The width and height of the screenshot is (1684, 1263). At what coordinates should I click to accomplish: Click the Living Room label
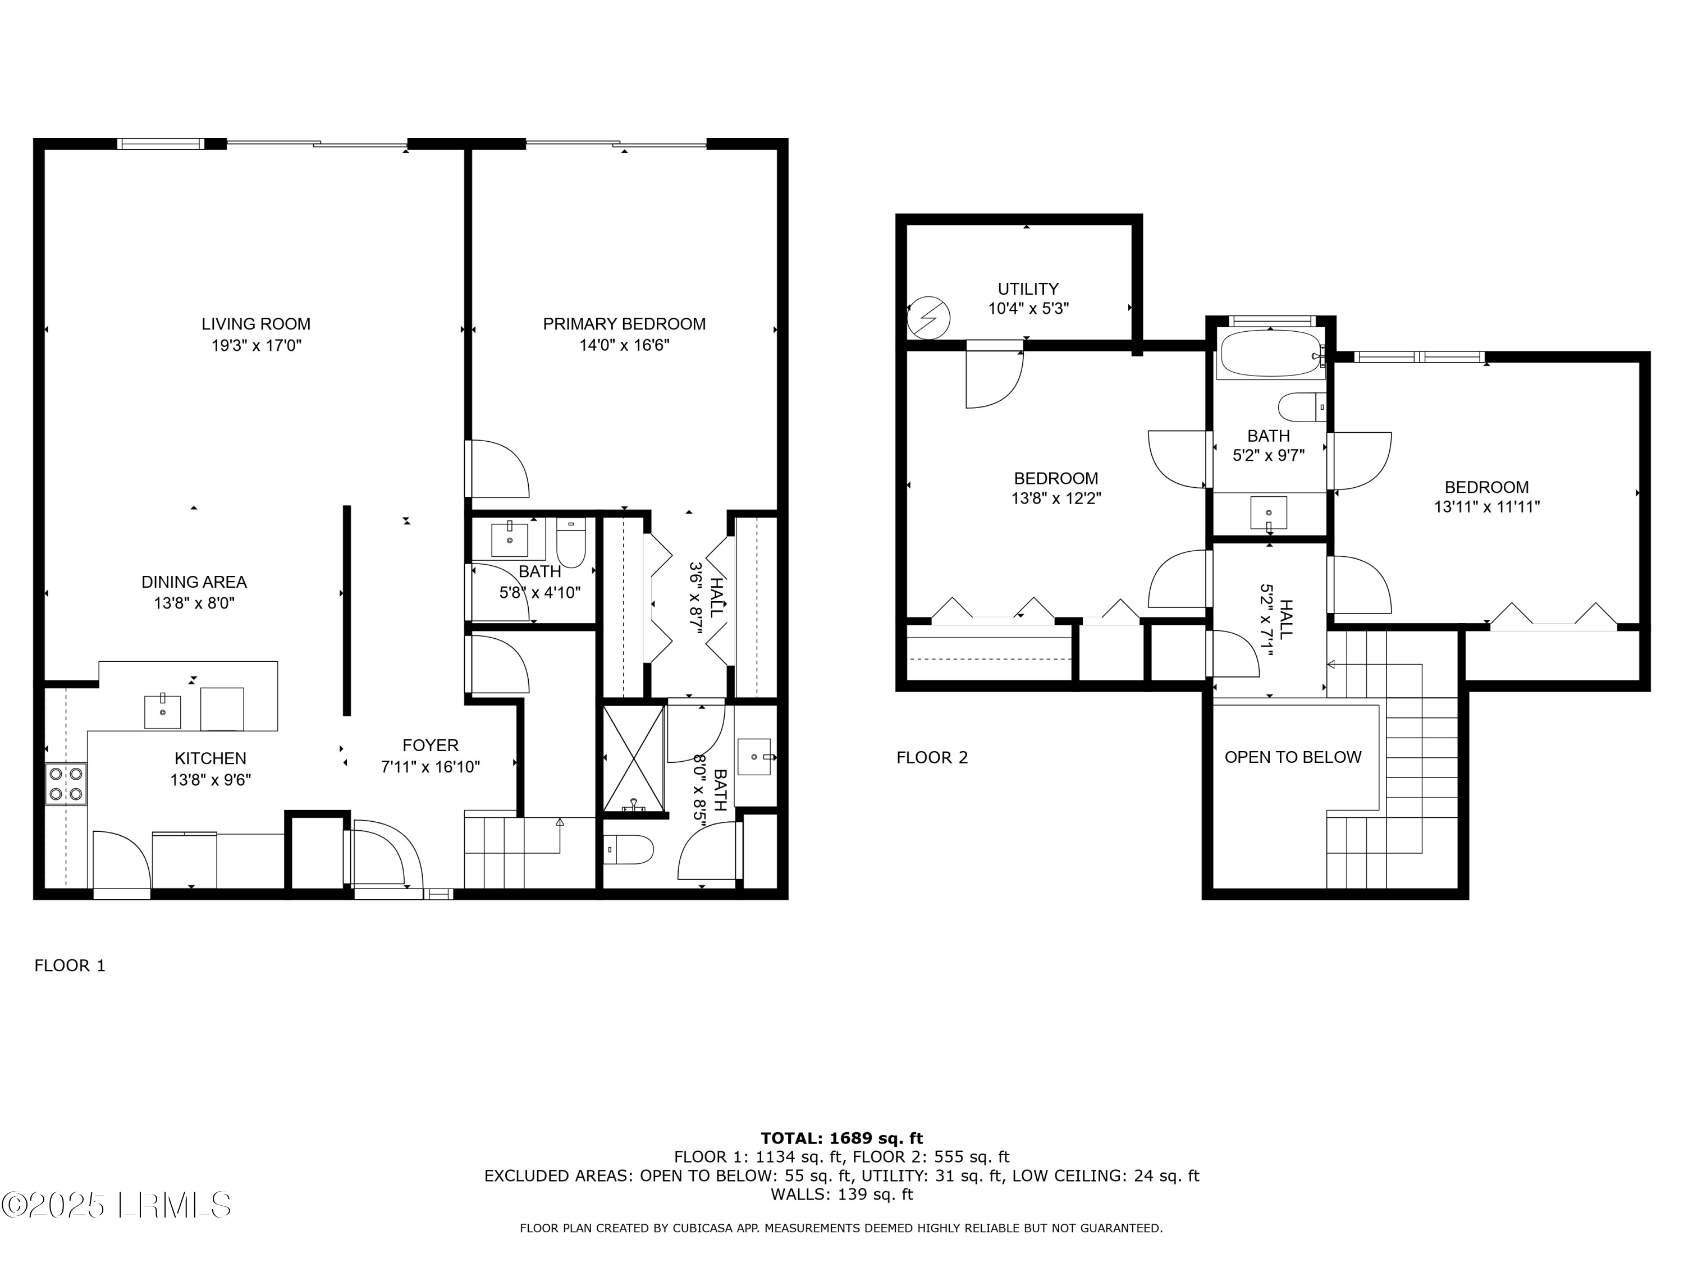point(256,323)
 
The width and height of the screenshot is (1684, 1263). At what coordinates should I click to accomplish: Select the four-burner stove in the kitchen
point(66,784)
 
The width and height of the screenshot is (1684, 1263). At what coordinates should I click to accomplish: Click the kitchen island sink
point(162,711)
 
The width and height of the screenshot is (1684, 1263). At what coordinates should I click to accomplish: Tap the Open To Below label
point(1293,757)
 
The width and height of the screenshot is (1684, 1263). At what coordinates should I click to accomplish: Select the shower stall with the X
point(633,758)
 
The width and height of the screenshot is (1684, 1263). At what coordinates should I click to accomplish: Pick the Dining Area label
point(194,582)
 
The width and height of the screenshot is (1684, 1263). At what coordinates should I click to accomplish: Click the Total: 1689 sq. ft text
point(841,1138)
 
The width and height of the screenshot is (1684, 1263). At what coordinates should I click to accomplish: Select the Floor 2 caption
point(932,757)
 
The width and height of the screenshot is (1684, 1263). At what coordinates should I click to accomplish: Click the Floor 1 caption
point(70,965)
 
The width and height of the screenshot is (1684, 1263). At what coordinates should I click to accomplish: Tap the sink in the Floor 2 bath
point(1268,512)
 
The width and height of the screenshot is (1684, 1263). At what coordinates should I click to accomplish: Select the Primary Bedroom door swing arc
point(498,469)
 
